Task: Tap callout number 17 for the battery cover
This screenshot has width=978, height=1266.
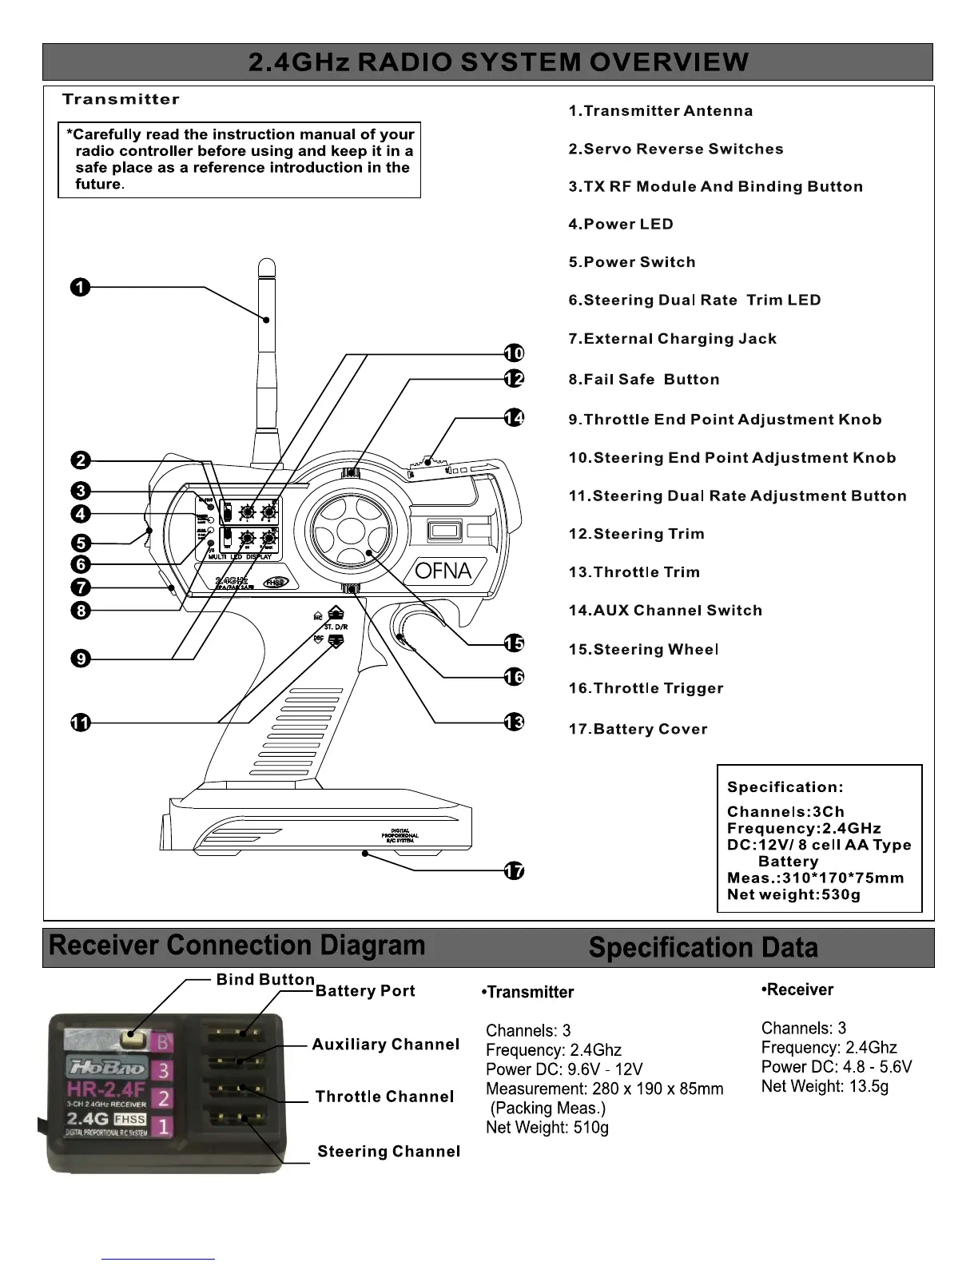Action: pos(515,870)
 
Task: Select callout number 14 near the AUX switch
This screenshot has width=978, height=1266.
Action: pos(515,417)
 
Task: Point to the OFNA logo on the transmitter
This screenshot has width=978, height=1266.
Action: pos(443,571)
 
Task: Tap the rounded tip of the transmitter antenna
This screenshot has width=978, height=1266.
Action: pos(268,266)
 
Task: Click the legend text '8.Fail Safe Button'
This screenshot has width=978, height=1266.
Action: pos(644,380)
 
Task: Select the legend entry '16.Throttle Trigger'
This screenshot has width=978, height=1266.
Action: pos(646,688)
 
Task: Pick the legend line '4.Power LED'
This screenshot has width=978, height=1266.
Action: pos(621,225)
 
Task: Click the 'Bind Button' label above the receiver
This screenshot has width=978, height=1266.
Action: pos(265,980)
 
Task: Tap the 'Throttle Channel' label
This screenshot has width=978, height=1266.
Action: pos(384,1097)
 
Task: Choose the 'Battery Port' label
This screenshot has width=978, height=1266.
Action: pos(365,991)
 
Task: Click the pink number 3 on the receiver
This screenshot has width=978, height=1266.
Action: pos(162,1069)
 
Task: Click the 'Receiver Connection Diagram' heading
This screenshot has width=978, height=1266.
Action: pos(237,946)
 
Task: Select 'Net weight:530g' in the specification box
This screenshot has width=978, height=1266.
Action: pos(793,894)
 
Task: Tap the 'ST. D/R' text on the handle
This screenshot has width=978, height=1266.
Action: pos(336,627)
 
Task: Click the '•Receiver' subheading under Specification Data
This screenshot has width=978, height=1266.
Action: pos(797,990)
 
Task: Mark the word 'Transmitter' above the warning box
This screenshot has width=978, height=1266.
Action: pos(121,100)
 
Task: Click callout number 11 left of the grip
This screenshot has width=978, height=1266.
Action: pos(80,723)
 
